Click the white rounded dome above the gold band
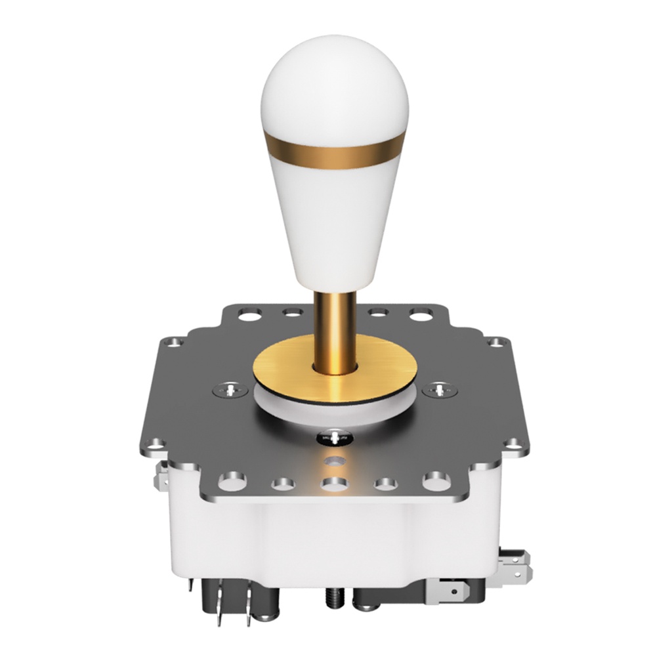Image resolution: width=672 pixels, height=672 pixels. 335,85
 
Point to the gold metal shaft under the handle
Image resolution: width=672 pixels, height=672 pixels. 335,328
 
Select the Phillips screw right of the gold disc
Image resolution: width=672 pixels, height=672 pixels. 439,390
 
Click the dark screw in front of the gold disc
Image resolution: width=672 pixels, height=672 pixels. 335,436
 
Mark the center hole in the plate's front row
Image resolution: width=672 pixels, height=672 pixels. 335,484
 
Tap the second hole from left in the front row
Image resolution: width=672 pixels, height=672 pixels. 283,484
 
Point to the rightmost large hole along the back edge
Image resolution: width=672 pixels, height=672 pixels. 421,315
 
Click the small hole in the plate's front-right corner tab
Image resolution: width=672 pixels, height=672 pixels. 514,444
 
